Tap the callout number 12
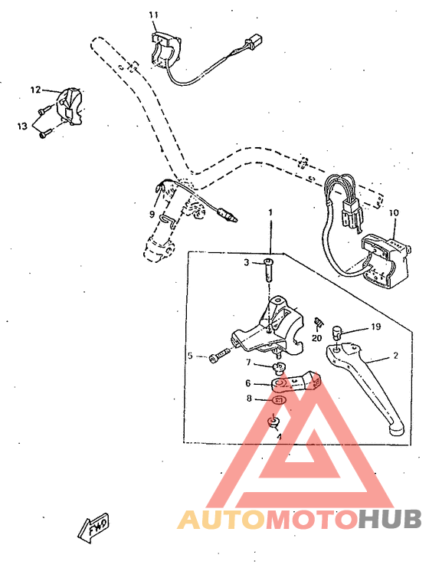tap(35, 90)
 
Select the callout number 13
tap(21, 125)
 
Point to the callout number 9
tap(152, 214)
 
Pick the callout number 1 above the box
tap(270, 211)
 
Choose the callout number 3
tap(247, 263)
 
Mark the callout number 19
tap(376, 326)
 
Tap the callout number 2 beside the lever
tap(395, 356)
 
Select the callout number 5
tap(191, 356)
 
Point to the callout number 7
tap(247, 362)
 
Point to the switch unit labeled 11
tap(165, 48)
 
